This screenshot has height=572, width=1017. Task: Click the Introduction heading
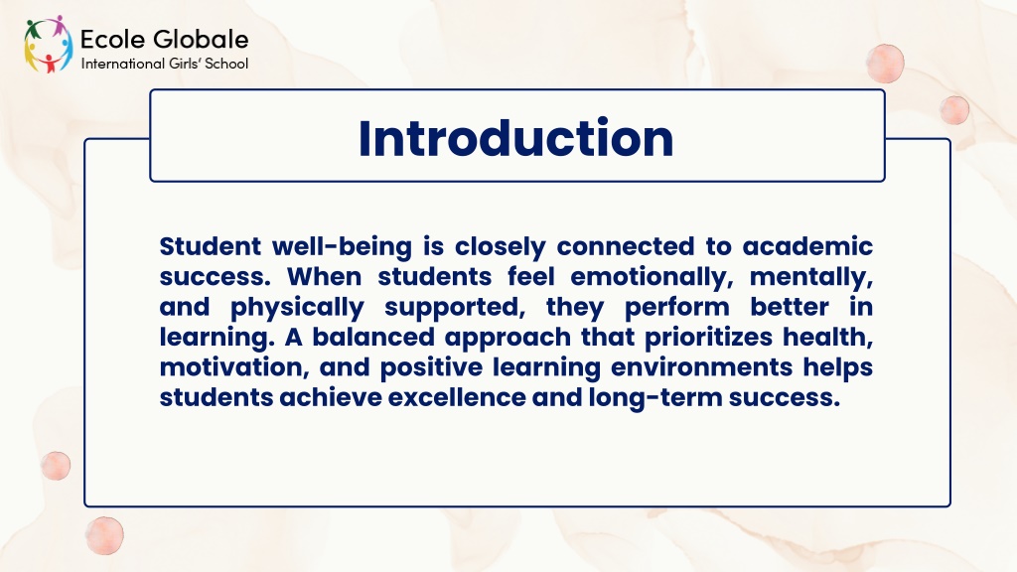(515, 138)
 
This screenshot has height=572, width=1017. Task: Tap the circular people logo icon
(49, 44)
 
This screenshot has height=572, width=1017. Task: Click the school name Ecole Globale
(164, 40)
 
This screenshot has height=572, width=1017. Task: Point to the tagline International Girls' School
(165, 64)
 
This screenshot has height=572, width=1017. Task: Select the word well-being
(342, 247)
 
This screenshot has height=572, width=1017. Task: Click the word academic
(807, 246)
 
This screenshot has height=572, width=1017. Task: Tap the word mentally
(811, 278)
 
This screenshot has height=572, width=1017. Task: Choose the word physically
(297, 308)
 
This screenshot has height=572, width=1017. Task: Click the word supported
(455, 308)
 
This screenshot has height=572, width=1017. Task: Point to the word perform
(677, 308)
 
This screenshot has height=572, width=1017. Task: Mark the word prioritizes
(709, 338)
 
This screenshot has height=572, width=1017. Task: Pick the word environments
(702, 367)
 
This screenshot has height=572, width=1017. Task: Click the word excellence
(457, 397)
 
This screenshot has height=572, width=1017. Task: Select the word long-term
(655, 398)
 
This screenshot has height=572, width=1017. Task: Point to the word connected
(626, 246)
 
